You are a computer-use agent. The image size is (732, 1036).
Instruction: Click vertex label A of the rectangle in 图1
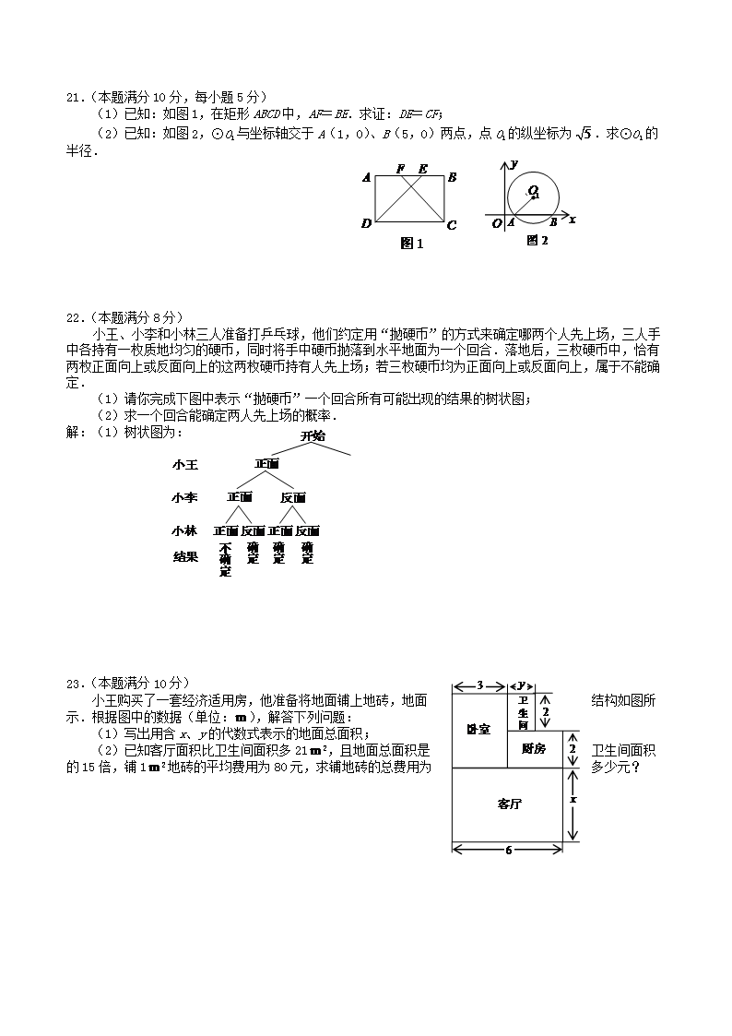pyautogui.click(x=366, y=178)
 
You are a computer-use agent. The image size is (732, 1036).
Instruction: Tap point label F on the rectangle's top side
pyautogui.click(x=400, y=169)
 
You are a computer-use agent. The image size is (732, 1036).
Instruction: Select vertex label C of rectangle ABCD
pyautogui.click(x=451, y=224)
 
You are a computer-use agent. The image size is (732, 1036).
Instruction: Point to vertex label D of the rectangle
pyautogui.click(x=366, y=223)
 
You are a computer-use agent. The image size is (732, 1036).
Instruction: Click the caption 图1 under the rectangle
pyautogui.click(x=411, y=244)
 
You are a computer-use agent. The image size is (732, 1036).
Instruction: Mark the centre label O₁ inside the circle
pyautogui.click(x=534, y=191)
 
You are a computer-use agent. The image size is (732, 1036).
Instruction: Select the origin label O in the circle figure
pyautogui.click(x=497, y=223)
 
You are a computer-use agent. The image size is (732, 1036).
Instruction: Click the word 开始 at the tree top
pyautogui.click(x=313, y=436)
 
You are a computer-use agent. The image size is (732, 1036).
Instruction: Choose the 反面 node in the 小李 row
pyautogui.click(x=293, y=497)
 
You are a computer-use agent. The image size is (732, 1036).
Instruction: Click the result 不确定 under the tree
pyautogui.click(x=226, y=559)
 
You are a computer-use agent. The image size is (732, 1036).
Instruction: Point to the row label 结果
pyautogui.click(x=184, y=556)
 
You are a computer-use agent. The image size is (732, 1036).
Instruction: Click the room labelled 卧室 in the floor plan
pyautogui.click(x=478, y=730)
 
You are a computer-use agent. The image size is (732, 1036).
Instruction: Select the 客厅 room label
pyautogui.click(x=508, y=804)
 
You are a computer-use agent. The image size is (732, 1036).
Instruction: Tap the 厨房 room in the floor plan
pyautogui.click(x=534, y=748)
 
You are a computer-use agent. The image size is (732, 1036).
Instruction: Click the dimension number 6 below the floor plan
pyautogui.click(x=508, y=850)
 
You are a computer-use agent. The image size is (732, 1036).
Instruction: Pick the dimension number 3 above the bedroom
pyautogui.click(x=480, y=685)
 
